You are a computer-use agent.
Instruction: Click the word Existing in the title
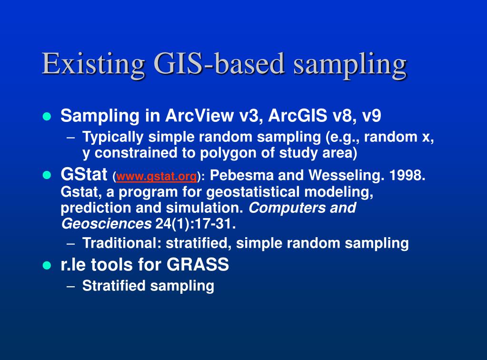[93, 64]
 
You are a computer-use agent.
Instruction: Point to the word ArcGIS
[298, 116]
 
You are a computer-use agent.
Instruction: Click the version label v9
[371, 116]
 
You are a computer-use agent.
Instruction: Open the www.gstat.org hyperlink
[157, 176]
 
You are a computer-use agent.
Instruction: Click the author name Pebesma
[241, 175]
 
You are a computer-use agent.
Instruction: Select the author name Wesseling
[345, 176]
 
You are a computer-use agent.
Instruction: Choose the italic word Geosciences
[106, 224]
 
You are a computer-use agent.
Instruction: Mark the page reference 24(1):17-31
[195, 224]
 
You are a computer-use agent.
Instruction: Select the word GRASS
[198, 265]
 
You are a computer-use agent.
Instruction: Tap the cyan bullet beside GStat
[47, 175]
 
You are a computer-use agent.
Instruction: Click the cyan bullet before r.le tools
[47, 265]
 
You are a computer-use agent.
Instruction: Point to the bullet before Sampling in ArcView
[47, 117]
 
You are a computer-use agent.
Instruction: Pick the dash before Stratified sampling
[71, 286]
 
